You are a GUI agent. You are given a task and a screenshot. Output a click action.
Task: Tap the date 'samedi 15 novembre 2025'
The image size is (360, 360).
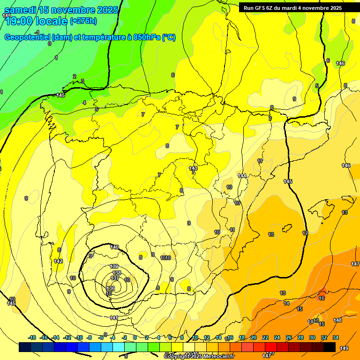pyautogui.click(x=61, y=10)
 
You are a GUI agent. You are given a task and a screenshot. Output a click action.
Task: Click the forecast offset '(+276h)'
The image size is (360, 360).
pyautogui.click(x=83, y=21)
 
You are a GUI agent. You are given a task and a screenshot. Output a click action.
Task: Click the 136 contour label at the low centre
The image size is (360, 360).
pyautogui.click(x=111, y=288)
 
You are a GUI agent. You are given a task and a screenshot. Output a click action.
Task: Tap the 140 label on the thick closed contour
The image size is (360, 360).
pyautogui.click(x=114, y=247)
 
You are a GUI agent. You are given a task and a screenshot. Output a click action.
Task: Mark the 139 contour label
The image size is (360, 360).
pyautogui.click(x=114, y=266)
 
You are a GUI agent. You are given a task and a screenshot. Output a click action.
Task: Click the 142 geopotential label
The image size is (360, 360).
pyautogui.click(x=58, y=261)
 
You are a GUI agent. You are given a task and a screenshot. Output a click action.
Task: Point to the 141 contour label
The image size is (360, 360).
pyautogui.click(x=113, y=318)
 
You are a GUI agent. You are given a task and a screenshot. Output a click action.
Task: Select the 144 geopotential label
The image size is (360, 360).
pyautogui.click(x=242, y=176)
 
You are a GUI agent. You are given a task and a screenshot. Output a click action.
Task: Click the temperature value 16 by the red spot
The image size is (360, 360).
pyautogui.click(x=322, y=298)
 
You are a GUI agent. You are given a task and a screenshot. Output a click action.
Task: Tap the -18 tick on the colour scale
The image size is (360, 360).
pyautogui.click(x=32, y=337)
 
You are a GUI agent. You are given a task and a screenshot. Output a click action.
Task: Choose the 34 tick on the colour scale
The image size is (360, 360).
pyautogui.click(x=336, y=337)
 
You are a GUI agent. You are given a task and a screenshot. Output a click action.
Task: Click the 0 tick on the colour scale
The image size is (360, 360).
pyautogui.click(x=135, y=337)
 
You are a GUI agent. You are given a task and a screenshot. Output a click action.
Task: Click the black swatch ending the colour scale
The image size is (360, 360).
pyautogui.click(x=330, y=347)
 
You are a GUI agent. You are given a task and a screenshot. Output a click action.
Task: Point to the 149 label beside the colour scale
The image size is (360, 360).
pyautogui.click(x=344, y=348)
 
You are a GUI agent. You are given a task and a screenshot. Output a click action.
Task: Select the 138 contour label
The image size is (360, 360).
pyautogui.click(x=117, y=272)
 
